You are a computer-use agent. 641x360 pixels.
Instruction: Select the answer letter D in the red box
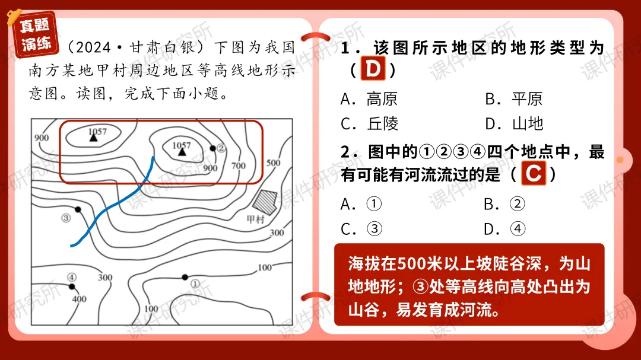(x=373, y=69)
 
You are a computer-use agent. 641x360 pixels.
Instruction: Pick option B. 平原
(x=513, y=98)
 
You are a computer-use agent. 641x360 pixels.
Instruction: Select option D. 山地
(x=513, y=123)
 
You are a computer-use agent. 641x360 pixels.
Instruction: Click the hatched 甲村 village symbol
(x=265, y=202)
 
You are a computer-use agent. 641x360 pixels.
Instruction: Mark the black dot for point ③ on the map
(x=78, y=210)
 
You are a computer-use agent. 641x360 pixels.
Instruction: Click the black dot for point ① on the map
(x=185, y=276)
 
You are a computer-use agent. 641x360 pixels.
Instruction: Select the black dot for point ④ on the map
(x=72, y=286)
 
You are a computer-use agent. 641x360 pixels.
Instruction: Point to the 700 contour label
(x=238, y=166)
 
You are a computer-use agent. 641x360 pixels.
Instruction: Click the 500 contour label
(x=273, y=163)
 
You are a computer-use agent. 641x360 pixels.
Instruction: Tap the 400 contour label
(x=79, y=298)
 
